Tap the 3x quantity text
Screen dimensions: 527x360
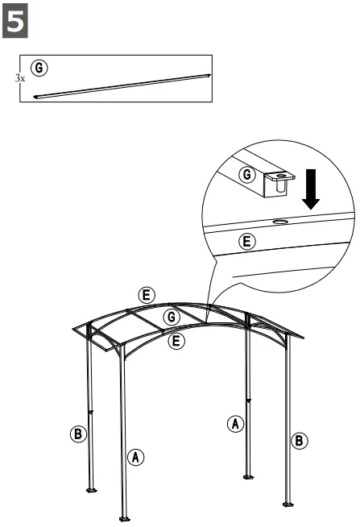(x=20, y=79)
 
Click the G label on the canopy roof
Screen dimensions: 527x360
(x=169, y=317)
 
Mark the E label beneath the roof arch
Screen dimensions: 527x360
(x=178, y=342)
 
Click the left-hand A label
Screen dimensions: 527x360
(x=137, y=457)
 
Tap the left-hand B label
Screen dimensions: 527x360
(x=77, y=434)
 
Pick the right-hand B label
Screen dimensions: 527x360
(x=299, y=440)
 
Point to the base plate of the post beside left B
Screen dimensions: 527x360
(x=92, y=488)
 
